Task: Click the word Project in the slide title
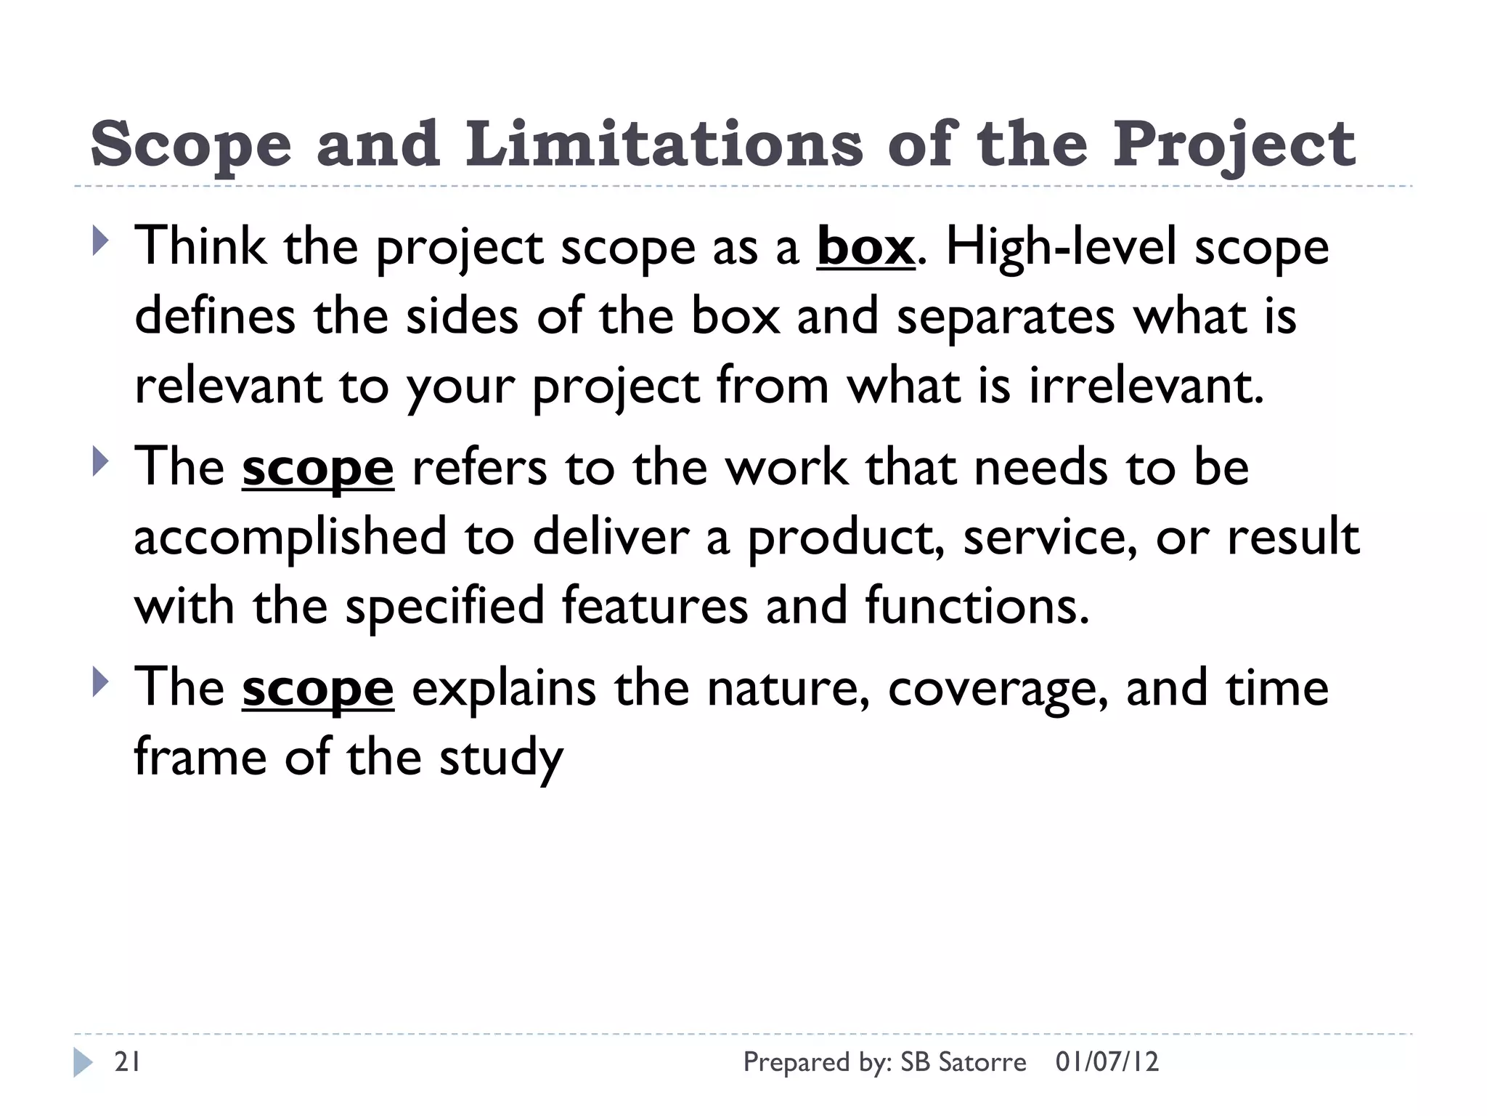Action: coord(1234,145)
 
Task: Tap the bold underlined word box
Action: coord(865,247)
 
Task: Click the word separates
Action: coord(1006,317)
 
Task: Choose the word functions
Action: coord(977,606)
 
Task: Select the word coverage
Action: coord(998,689)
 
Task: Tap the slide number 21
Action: coord(128,1062)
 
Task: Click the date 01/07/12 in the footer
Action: coord(1107,1062)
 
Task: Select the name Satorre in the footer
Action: coord(982,1062)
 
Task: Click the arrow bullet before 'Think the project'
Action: coord(100,241)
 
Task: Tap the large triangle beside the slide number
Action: coord(83,1062)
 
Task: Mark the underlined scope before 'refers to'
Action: coord(318,468)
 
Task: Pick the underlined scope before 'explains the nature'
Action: coord(318,689)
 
